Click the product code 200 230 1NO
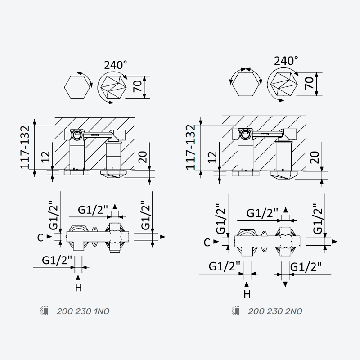pyautogui.click(x=83, y=311)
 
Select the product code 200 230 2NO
pyautogui.click(x=275, y=311)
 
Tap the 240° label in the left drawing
pyautogui.click(x=116, y=65)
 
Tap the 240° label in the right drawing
pyautogui.click(x=286, y=61)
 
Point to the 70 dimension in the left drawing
pyautogui.click(x=138, y=86)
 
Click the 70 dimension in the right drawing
pyautogui.click(x=309, y=83)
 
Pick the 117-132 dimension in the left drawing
pyautogui.click(x=25, y=147)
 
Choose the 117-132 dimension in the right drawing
pyautogui.click(x=190, y=147)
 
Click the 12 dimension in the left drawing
pyautogui.click(x=45, y=157)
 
